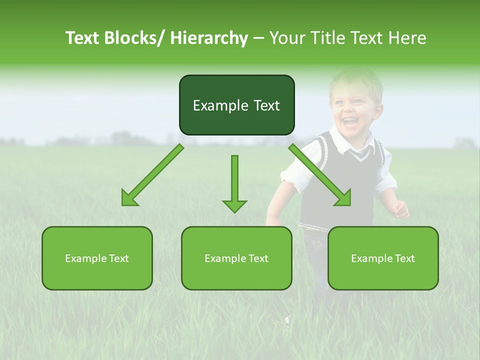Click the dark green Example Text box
236,105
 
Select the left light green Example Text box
97,258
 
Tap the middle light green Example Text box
236,258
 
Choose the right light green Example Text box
383,258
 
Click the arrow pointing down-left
152,175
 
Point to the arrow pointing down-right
320,175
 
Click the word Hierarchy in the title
209,38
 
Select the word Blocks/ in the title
135,38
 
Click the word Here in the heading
407,38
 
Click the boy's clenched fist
400,210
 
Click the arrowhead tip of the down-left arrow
123,204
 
